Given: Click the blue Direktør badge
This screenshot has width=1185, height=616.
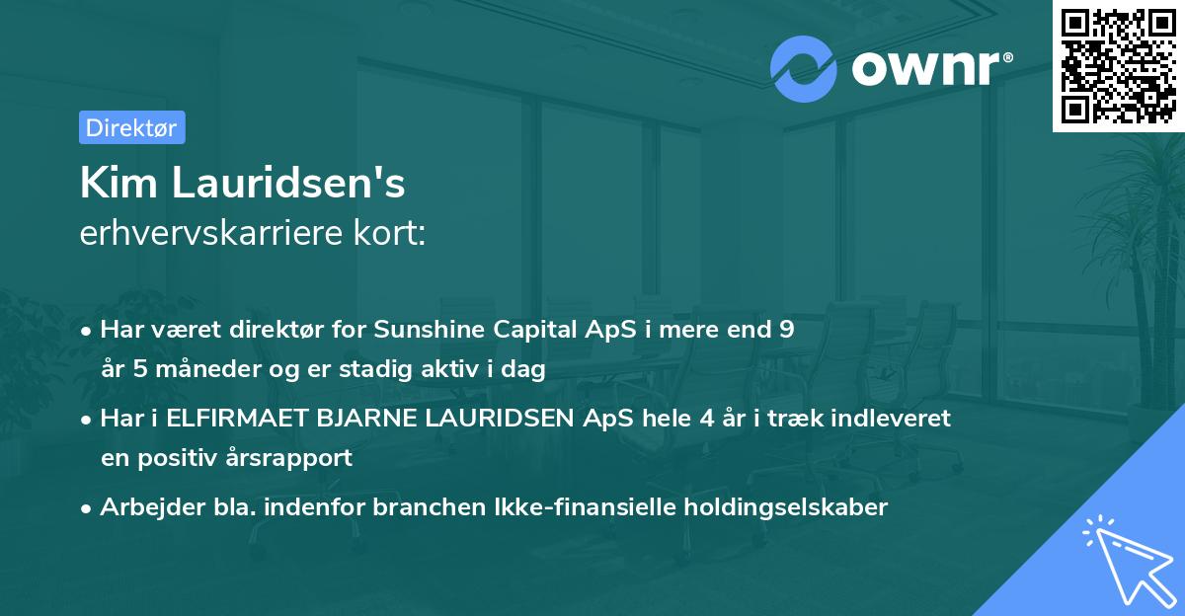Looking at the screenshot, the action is (132, 127).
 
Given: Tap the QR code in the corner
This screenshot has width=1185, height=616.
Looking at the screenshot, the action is (1118, 65).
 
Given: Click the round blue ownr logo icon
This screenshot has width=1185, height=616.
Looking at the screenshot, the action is (803, 69).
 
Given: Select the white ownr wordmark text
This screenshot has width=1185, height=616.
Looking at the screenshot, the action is (925, 68).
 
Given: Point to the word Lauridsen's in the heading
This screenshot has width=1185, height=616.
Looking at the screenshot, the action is (288, 183).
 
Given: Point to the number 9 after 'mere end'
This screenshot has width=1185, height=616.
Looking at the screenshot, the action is (787, 329).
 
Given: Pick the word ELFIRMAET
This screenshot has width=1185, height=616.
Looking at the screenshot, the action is (237, 419).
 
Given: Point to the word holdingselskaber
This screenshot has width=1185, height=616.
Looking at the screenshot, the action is (786, 507).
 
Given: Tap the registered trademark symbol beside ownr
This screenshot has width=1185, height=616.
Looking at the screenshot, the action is (1007, 57).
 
